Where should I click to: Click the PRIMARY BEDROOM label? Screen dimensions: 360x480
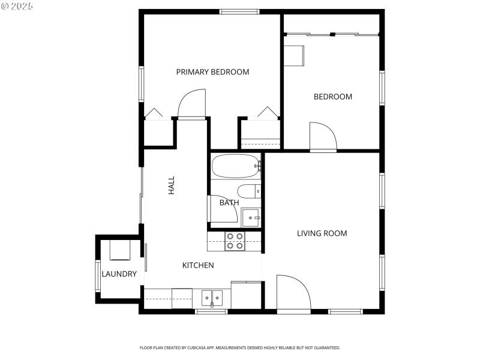click(x=212, y=72)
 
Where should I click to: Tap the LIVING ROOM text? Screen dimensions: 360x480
click(x=322, y=233)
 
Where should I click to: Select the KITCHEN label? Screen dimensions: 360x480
click(x=198, y=265)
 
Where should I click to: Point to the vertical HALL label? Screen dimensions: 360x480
click(x=172, y=185)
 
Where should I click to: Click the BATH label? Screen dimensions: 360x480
click(x=229, y=203)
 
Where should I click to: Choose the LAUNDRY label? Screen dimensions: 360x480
click(x=119, y=274)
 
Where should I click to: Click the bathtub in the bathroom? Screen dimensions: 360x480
click(x=236, y=166)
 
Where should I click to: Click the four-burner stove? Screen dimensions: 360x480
click(x=235, y=241)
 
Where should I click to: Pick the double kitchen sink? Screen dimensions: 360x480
click(x=212, y=297)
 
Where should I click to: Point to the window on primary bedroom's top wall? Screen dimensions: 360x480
click(x=239, y=11)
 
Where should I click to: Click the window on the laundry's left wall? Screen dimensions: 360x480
click(x=97, y=275)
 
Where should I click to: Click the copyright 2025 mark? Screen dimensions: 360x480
click(x=17, y=6)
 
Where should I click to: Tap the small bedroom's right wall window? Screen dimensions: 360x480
click(x=382, y=88)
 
